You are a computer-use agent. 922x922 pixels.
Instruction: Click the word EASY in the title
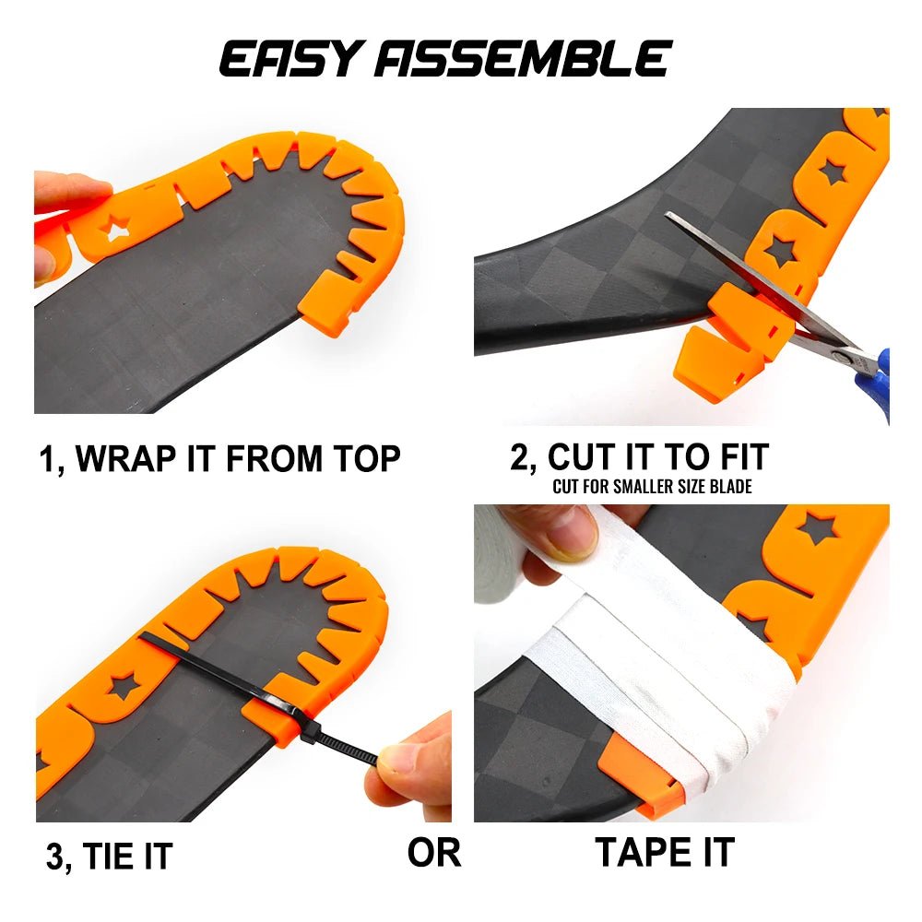(293, 59)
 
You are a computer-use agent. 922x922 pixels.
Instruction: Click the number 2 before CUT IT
(519, 457)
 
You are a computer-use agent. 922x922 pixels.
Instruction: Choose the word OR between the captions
(433, 853)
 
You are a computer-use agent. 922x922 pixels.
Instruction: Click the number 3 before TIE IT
(55, 857)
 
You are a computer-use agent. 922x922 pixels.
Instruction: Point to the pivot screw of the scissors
(841, 353)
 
